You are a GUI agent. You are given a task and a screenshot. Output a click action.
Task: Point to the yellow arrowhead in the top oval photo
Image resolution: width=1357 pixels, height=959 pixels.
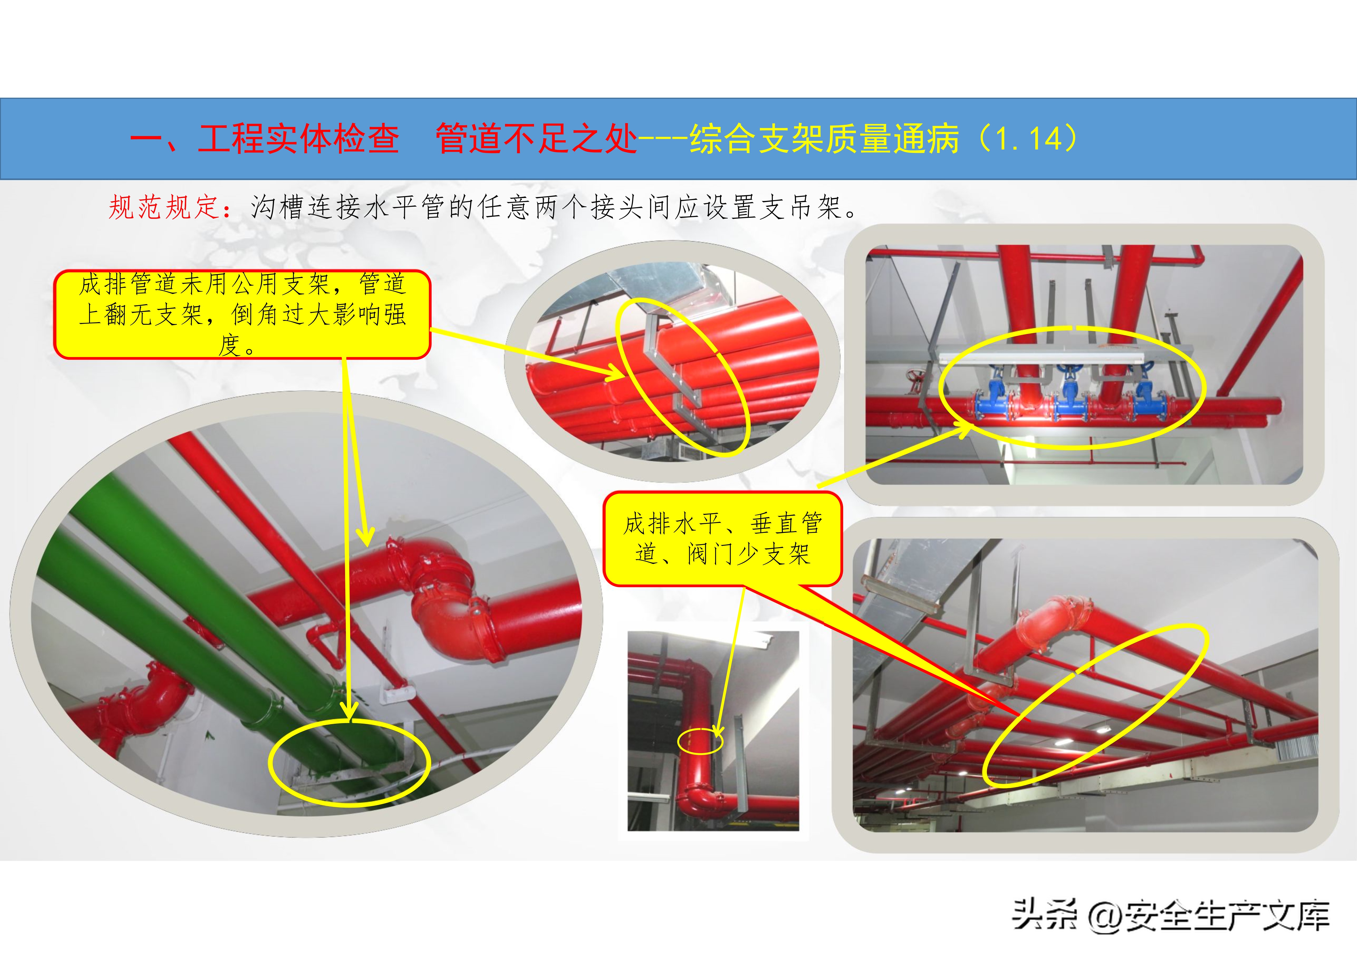(x=615, y=373)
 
